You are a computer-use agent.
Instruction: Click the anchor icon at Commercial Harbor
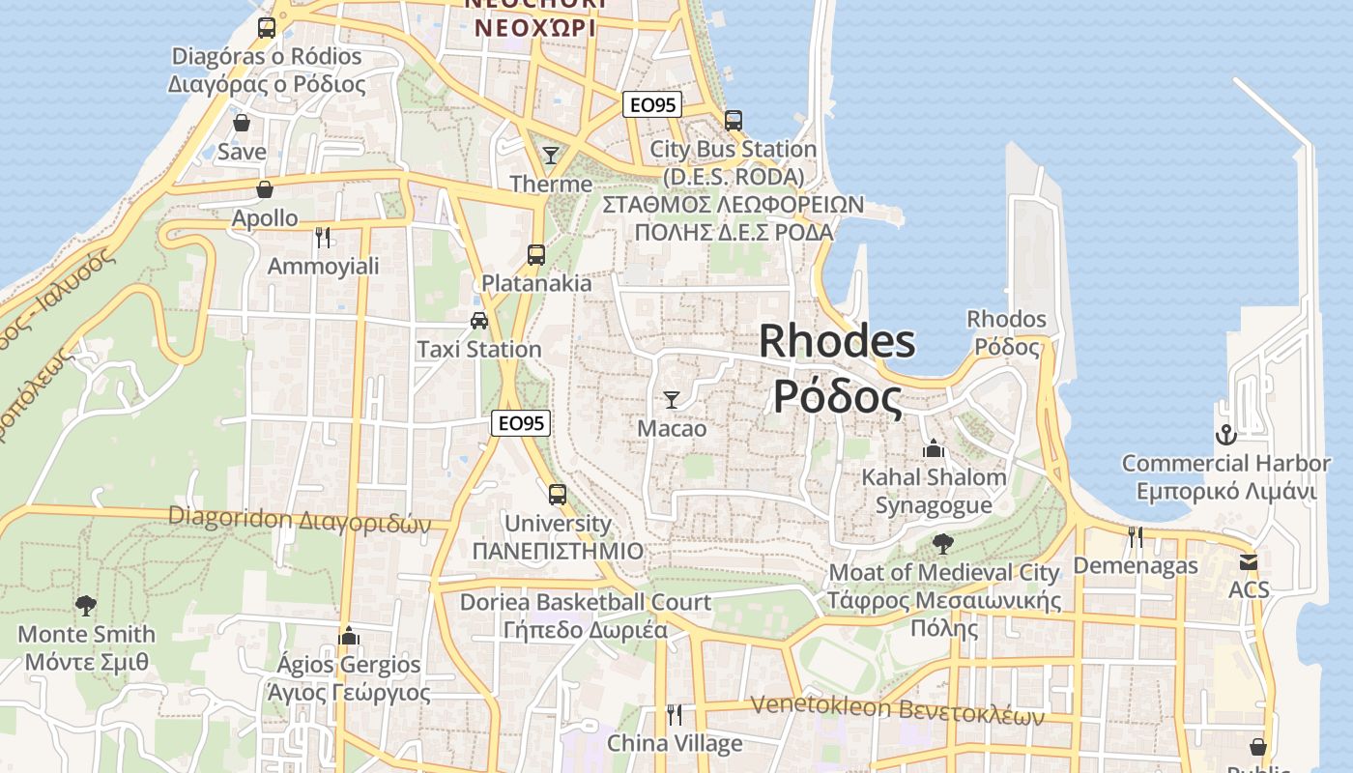click(x=1225, y=435)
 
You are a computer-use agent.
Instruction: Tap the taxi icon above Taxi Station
click(x=479, y=320)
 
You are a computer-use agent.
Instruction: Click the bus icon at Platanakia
click(x=536, y=255)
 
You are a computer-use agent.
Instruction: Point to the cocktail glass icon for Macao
click(x=672, y=399)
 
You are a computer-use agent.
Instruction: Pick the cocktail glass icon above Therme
click(x=551, y=155)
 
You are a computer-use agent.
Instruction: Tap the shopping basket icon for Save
click(x=242, y=123)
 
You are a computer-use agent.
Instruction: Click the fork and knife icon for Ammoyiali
click(x=323, y=237)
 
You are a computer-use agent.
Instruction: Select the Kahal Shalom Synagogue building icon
click(x=934, y=448)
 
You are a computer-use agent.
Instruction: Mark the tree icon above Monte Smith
click(x=86, y=606)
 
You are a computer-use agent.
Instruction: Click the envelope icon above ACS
click(x=1249, y=561)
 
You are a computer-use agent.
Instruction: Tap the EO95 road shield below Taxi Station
click(x=521, y=422)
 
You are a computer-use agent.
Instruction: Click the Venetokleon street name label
click(x=898, y=710)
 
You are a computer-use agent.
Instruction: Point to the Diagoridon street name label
click(x=300, y=519)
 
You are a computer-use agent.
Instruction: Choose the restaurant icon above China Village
click(x=675, y=715)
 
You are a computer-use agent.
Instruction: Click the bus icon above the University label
click(x=558, y=495)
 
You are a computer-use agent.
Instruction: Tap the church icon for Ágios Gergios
click(x=350, y=636)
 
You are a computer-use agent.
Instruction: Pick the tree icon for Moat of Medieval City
click(x=942, y=544)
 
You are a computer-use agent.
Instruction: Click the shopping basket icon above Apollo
click(x=264, y=189)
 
